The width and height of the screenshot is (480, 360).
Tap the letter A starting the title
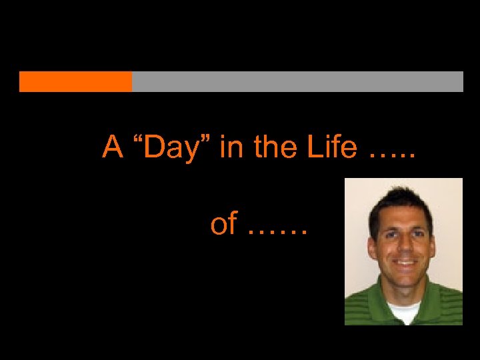[x=113, y=147]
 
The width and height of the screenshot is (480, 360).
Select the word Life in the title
[x=333, y=147]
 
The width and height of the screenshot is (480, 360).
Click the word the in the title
[x=277, y=147]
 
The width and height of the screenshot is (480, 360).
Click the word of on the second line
[x=223, y=225]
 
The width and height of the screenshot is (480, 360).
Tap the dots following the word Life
[x=392, y=155]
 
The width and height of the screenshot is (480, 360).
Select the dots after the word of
[x=277, y=233]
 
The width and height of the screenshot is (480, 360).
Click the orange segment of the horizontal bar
[x=75, y=81]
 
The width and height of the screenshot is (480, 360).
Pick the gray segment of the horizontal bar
[x=297, y=81]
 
